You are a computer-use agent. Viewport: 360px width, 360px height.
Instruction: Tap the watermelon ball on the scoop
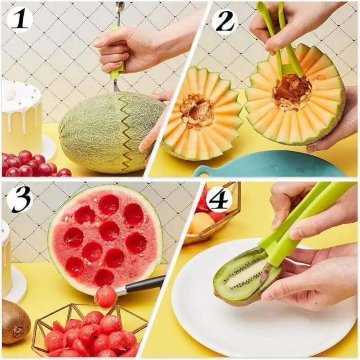(x=105, y=297)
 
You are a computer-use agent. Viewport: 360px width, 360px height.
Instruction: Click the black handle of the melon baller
(x=144, y=284)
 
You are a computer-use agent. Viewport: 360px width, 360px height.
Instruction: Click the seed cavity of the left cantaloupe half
(x=197, y=110)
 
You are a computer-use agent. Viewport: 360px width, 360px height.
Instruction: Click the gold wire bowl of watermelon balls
(x=90, y=331)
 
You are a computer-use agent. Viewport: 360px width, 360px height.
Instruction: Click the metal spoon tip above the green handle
(x=120, y=8)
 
